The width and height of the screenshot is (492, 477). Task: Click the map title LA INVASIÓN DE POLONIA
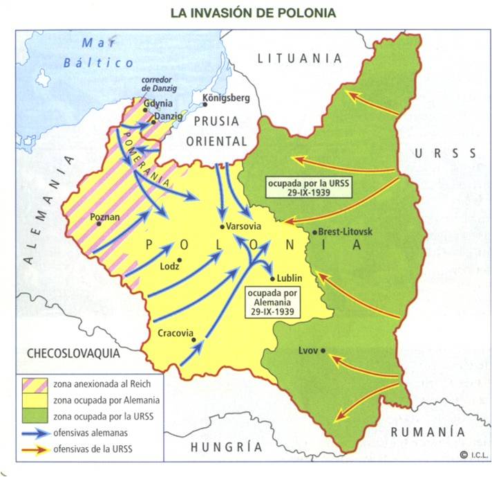pos(249,13)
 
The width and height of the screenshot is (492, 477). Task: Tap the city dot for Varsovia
pos(222,226)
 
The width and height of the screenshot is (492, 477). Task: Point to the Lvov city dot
pos(323,350)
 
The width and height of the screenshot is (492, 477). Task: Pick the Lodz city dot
pos(179,260)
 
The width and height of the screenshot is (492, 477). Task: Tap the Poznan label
pos(105,216)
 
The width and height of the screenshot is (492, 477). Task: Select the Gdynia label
pos(159,102)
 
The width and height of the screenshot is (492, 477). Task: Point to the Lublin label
pos(290,279)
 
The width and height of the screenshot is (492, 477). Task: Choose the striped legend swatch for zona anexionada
pos(32,384)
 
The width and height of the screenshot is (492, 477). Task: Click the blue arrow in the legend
pos(32,433)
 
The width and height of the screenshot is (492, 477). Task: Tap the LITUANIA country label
pos(300,58)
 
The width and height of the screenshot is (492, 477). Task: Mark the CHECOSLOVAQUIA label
pos(73,353)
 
